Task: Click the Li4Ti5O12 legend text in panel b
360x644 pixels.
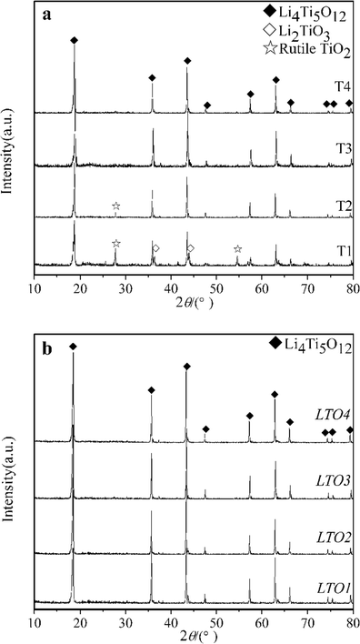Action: point(315,346)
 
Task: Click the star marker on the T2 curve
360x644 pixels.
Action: point(116,206)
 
